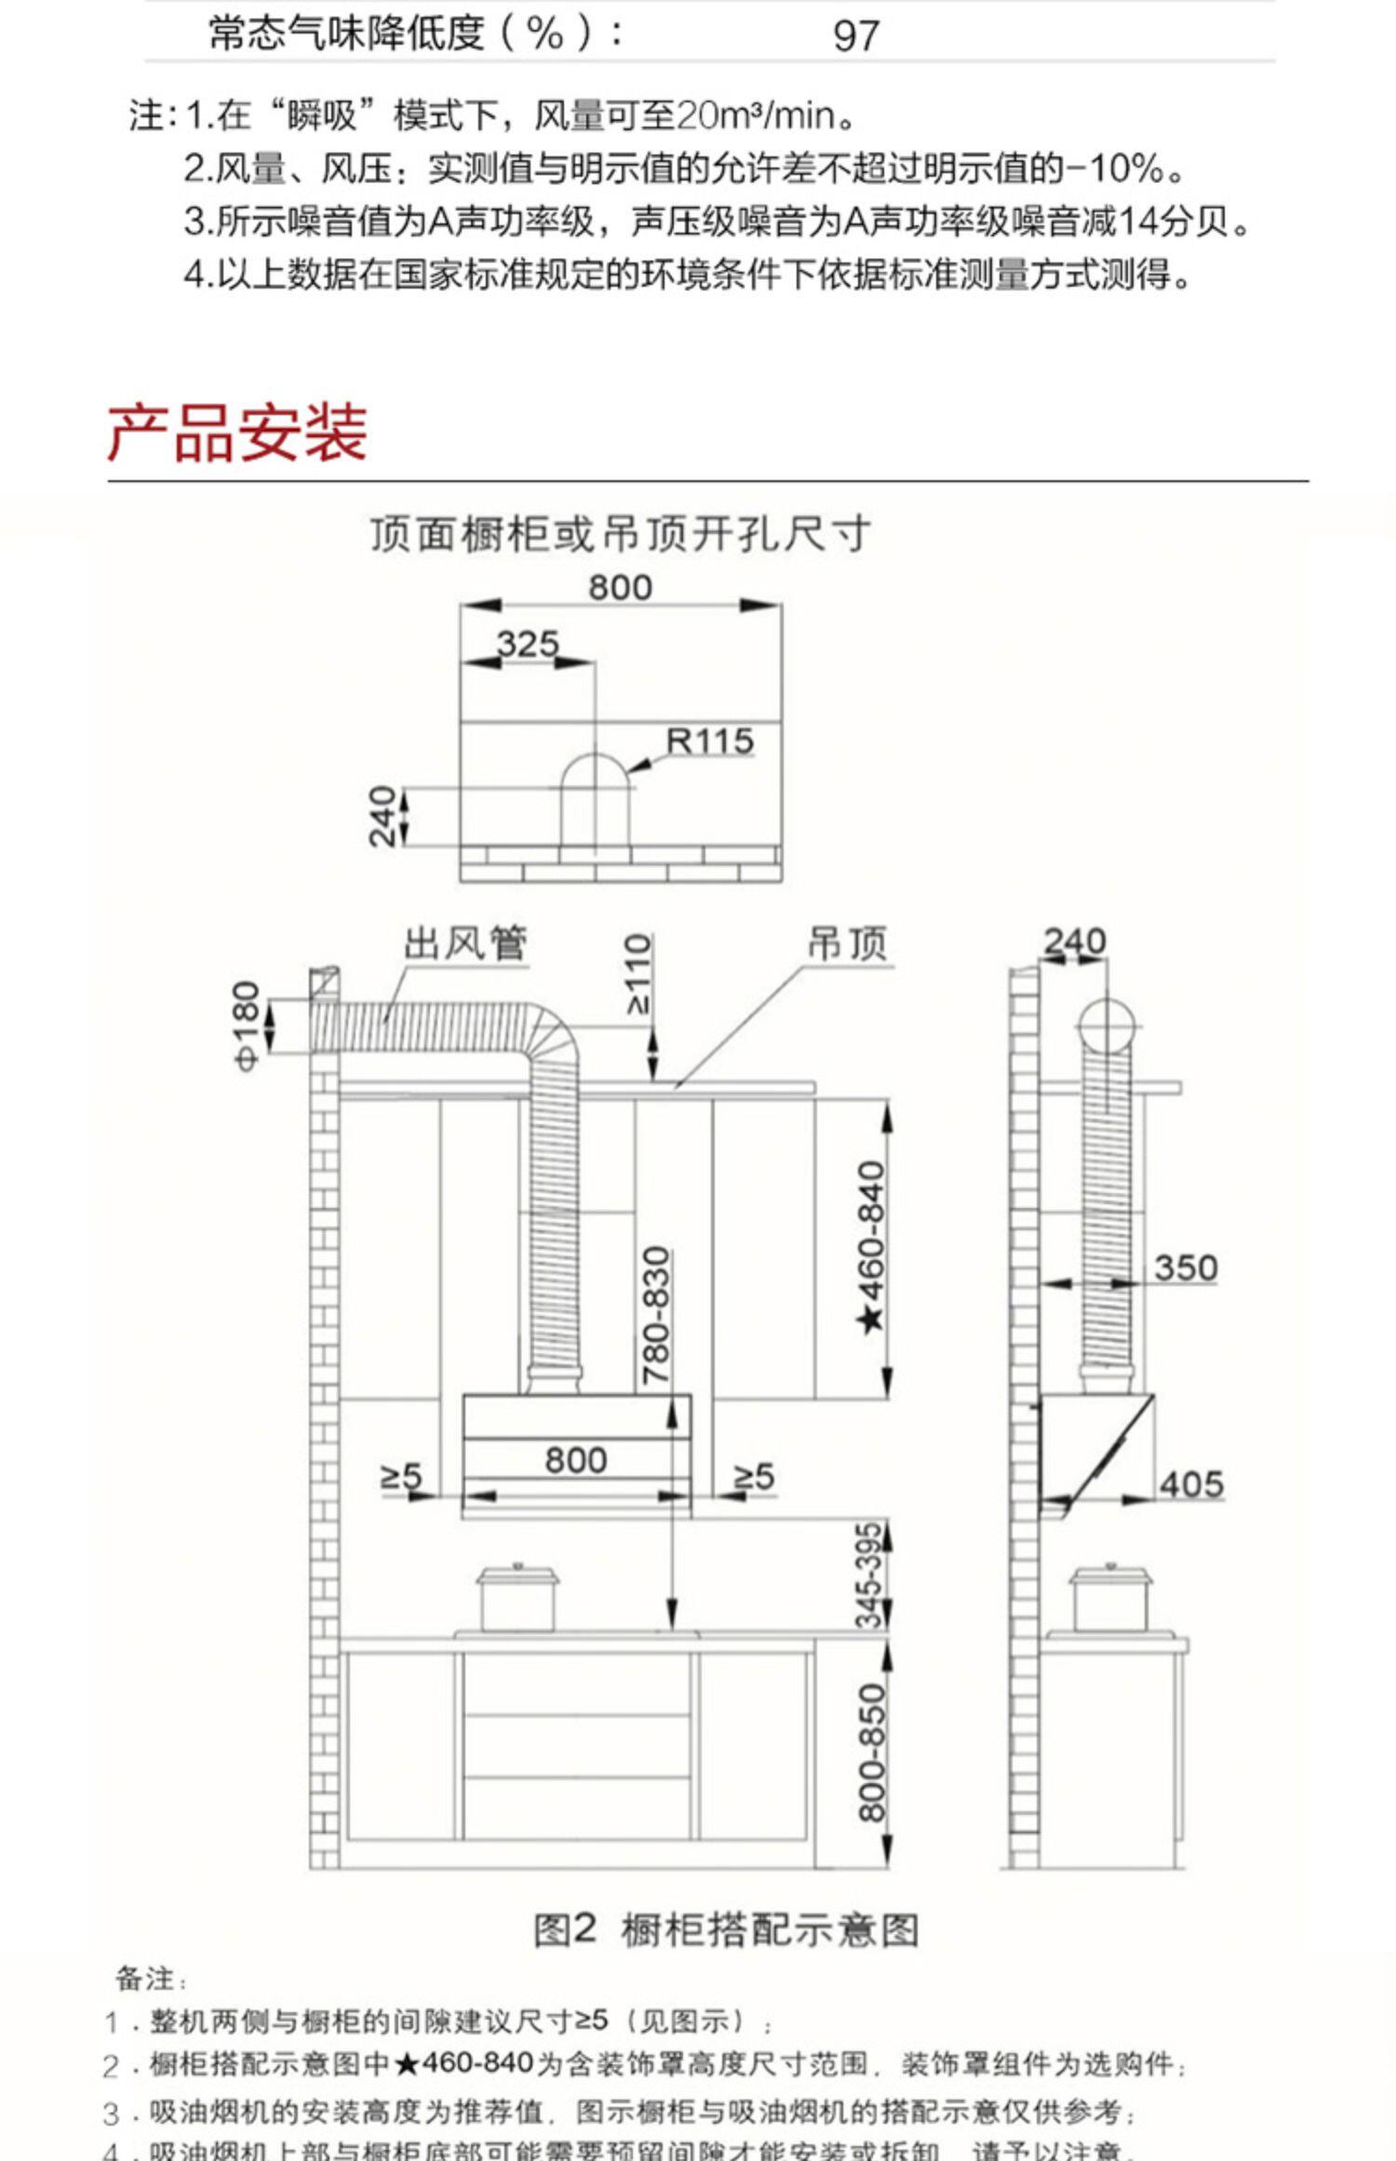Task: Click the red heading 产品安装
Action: click(x=237, y=434)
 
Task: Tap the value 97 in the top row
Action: click(x=855, y=36)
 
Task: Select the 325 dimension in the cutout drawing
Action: click(x=528, y=644)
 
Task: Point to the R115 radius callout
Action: click(x=709, y=741)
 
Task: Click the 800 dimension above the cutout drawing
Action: click(x=620, y=587)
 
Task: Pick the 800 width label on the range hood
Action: click(x=576, y=1459)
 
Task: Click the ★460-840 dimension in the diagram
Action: click(x=871, y=1245)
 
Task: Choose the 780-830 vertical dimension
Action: click(x=657, y=1314)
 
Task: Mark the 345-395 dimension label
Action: click(x=869, y=1576)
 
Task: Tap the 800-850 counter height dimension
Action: click(x=871, y=1752)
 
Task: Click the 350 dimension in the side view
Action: click(x=1185, y=1268)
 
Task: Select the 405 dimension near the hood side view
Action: click(x=1191, y=1484)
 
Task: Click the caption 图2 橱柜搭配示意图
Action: click(x=725, y=1930)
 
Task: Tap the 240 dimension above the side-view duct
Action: click(x=1074, y=941)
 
